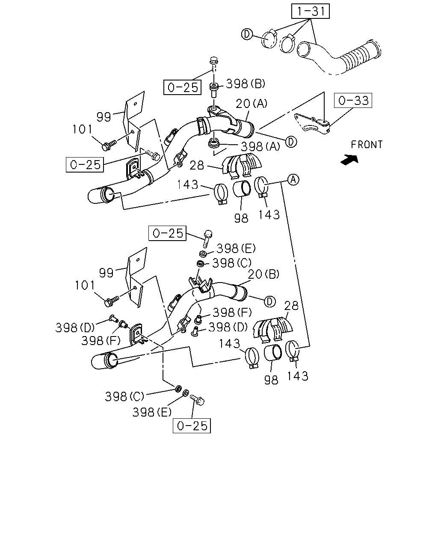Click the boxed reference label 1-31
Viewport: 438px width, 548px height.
point(310,11)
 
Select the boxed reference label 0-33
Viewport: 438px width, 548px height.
point(353,100)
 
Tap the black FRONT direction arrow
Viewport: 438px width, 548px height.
point(350,160)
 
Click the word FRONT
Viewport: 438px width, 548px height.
point(367,145)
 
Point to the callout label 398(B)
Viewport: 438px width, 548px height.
point(246,84)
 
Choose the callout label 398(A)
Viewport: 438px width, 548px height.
point(260,146)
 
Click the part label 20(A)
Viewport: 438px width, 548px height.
point(252,104)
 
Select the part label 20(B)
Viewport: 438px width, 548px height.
point(263,274)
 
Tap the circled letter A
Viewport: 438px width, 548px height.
point(293,180)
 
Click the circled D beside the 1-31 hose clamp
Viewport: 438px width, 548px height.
point(247,34)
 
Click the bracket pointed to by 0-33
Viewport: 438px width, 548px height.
point(312,124)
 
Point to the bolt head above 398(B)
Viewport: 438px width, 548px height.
point(213,60)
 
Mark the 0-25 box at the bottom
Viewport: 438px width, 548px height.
point(192,426)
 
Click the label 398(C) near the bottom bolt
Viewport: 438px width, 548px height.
point(124,396)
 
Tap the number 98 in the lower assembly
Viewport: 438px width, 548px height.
point(271,380)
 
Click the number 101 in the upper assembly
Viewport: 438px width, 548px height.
point(82,129)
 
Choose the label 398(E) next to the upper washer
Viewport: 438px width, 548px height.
point(236,248)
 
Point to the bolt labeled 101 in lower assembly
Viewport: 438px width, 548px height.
point(112,301)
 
